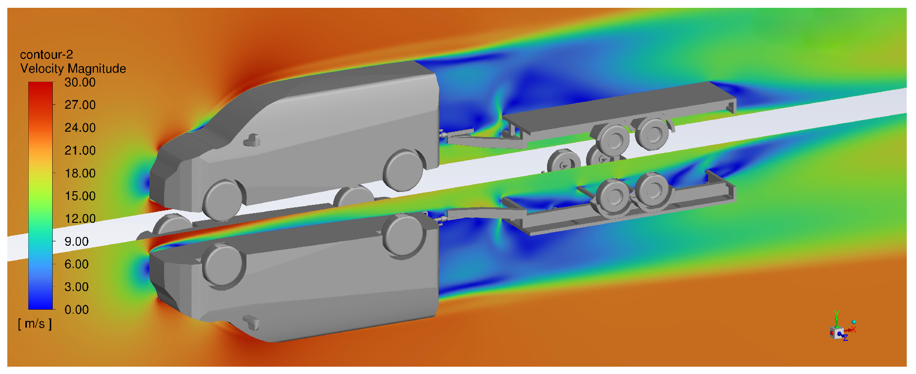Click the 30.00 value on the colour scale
80,82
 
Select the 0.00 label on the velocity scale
77,310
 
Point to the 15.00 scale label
80,196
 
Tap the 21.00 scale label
80,151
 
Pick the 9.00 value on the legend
77,241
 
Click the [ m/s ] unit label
35,324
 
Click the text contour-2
46,55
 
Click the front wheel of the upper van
223,200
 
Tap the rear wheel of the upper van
403,170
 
